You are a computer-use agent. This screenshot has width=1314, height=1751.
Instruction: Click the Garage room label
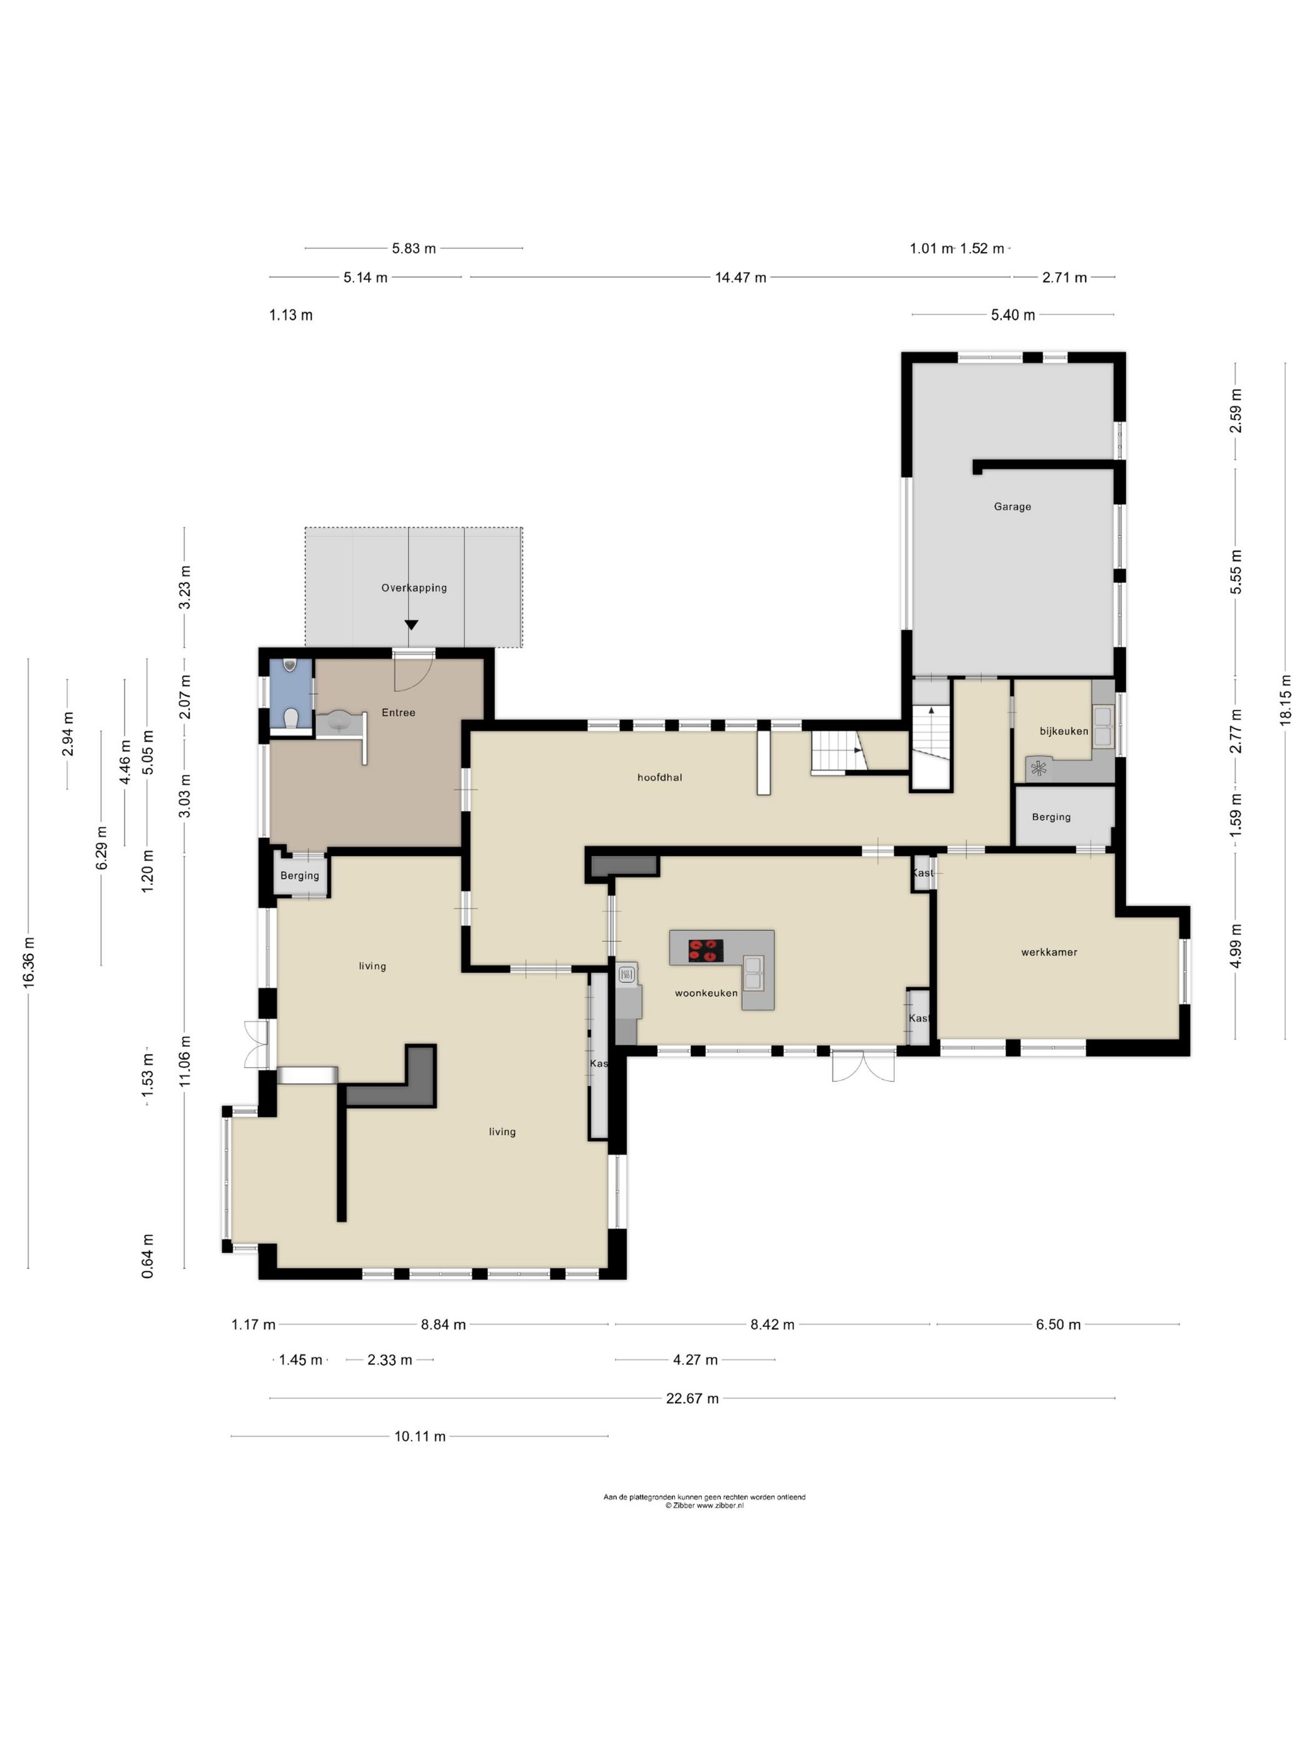(x=1011, y=507)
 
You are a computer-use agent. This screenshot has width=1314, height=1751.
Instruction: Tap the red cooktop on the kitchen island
(x=706, y=950)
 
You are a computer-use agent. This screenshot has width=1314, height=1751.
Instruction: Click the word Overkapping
(x=414, y=588)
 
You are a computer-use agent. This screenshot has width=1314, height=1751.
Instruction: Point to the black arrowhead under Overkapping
(x=411, y=625)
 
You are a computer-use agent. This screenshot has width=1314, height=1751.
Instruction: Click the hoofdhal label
(x=660, y=777)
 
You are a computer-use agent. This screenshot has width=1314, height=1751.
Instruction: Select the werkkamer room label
(x=1049, y=952)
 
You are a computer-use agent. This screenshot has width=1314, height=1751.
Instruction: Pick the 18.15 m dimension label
(x=1285, y=700)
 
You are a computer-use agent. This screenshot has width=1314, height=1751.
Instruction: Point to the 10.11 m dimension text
(x=420, y=1436)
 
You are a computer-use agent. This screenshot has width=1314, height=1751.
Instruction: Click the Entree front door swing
(x=414, y=671)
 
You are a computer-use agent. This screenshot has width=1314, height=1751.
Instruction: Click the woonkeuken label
(x=706, y=994)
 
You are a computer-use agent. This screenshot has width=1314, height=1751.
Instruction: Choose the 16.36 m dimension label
(x=29, y=962)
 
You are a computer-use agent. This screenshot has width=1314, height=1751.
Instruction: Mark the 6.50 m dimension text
(x=1058, y=1325)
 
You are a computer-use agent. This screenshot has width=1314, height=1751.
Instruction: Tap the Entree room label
(x=399, y=712)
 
